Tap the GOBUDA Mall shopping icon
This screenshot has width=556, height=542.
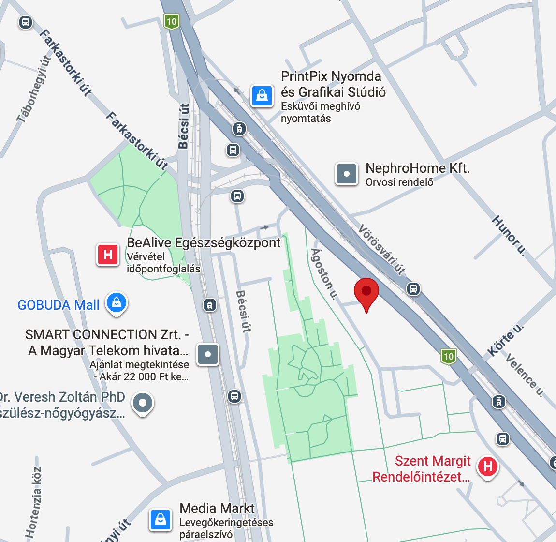[116, 303]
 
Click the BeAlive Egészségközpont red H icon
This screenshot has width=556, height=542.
[108, 254]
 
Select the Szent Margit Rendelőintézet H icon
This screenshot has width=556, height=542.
[487, 467]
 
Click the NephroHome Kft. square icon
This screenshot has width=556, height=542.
[347, 174]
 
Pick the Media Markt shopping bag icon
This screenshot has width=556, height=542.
[161, 520]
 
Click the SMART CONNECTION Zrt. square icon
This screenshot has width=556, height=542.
[208, 354]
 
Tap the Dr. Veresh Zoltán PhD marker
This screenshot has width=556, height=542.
[143, 403]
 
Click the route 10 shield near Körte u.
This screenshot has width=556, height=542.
[449, 357]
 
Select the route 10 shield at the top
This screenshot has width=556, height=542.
[172, 22]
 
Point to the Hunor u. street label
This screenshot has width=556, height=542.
[509, 235]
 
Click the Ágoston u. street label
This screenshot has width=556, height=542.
[323, 274]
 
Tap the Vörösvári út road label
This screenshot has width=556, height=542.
[382, 250]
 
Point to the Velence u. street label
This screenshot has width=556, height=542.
[525, 375]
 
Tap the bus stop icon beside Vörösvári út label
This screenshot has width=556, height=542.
[413, 289]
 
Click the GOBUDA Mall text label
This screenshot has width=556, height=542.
[59, 305]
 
